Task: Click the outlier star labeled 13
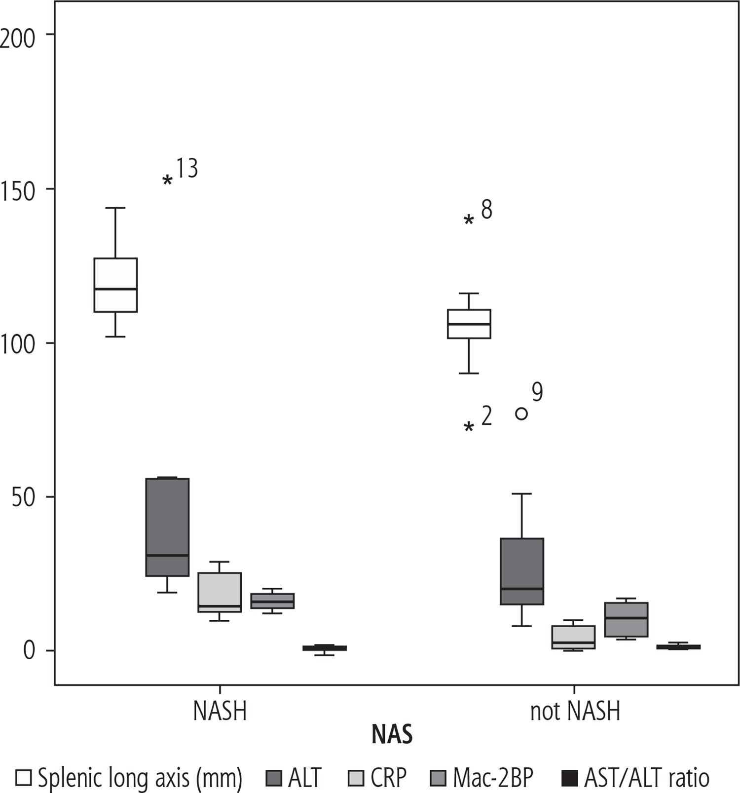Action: [x=168, y=181]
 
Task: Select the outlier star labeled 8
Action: [x=469, y=220]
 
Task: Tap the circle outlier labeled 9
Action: [x=521, y=414]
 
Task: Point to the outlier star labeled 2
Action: [x=469, y=427]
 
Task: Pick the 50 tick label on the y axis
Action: [x=24, y=497]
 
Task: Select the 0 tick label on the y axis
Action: [x=30, y=651]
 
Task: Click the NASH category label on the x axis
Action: [x=220, y=711]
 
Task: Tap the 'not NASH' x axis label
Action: [x=575, y=711]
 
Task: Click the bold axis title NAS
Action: [x=392, y=735]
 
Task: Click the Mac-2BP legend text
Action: [x=493, y=778]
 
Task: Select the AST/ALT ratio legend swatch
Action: [x=570, y=778]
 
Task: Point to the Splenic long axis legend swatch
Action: [x=24, y=778]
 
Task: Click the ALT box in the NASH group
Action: [x=168, y=527]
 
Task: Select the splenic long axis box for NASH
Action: [x=115, y=285]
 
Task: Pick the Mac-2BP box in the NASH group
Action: [x=272, y=601]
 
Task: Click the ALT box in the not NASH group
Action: [x=522, y=571]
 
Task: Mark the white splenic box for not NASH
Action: [x=469, y=324]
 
